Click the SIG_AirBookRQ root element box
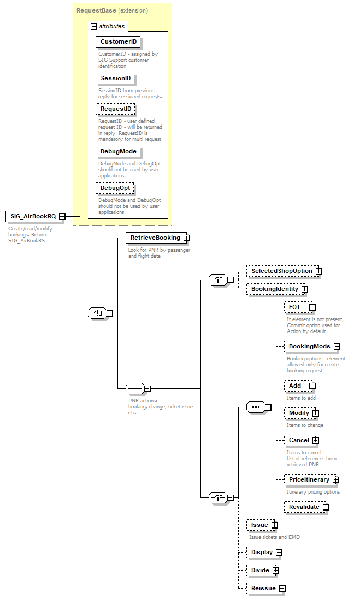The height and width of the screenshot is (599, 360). point(32,216)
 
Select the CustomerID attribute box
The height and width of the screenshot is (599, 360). point(118,41)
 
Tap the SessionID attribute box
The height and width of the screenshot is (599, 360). point(115,79)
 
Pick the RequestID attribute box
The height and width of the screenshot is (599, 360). point(116,109)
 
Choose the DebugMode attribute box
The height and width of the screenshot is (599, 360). point(118,151)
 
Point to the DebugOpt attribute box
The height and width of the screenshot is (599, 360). point(115,188)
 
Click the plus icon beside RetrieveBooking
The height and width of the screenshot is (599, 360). point(187,238)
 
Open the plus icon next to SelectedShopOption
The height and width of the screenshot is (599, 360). point(319,271)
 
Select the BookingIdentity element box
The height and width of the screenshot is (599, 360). point(274,289)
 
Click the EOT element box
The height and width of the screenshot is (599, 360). point(296,307)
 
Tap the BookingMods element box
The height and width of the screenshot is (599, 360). point(309,346)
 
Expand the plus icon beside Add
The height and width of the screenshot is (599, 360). point(312,386)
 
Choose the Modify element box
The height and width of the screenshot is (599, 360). point(299,413)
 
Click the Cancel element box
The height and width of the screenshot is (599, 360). point(299,440)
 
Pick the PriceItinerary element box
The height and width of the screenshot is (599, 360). point(309,479)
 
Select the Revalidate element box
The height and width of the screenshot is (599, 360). point(304,507)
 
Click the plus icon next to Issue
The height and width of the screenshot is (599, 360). point(275,525)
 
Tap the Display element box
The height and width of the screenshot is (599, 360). point(261,553)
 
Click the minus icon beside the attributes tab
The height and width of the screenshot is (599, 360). point(94,26)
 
